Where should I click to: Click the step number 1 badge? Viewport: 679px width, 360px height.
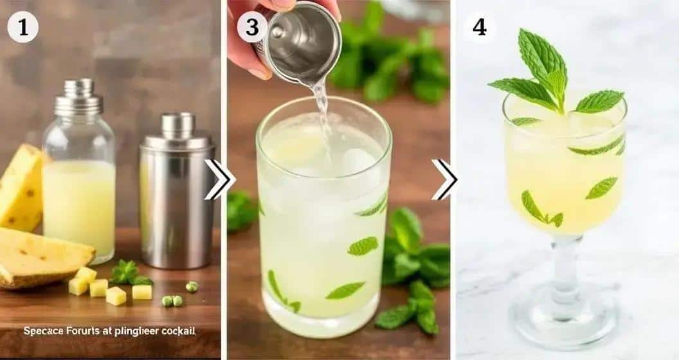click(x=23, y=27)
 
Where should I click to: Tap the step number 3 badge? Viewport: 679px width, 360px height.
click(x=252, y=27)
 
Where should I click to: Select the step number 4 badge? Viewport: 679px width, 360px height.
click(x=480, y=27)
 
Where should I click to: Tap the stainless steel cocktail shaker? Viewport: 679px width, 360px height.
click(x=176, y=193)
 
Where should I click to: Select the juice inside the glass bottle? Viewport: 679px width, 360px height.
click(x=78, y=206)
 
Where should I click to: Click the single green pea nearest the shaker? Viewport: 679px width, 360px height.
click(x=192, y=286)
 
